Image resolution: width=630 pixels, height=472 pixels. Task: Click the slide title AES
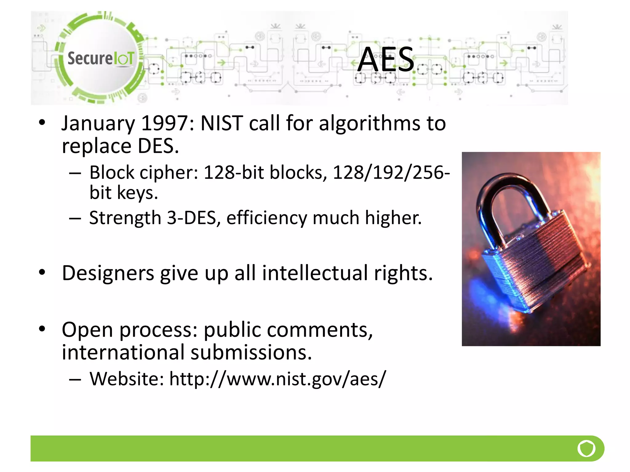pos(386,60)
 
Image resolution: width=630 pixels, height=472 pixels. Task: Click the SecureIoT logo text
pos(101,58)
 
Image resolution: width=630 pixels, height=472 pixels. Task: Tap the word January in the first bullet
pos(98,124)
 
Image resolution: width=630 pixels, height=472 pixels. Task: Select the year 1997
pos(164,124)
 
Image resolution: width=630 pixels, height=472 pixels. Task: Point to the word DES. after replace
pos(158,146)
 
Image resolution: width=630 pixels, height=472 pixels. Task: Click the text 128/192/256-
pos(391,172)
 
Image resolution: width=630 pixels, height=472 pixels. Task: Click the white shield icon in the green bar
pos(586,449)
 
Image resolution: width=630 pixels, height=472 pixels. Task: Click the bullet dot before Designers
pos(42,272)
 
